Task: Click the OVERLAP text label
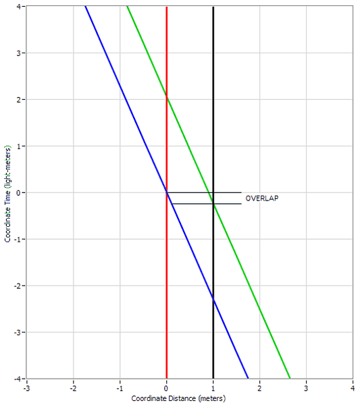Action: pyautogui.click(x=262, y=198)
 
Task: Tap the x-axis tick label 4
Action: pyautogui.click(x=353, y=388)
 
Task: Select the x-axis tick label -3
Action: pyautogui.click(x=26, y=388)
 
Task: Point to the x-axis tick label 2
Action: pyautogui.click(x=260, y=388)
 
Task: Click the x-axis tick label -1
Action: pyautogui.click(x=120, y=388)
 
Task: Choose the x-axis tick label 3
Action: pyautogui.click(x=306, y=388)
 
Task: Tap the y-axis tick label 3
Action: pyautogui.click(x=19, y=53)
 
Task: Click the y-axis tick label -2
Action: pyautogui.click(x=18, y=286)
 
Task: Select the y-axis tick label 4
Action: pyautogui.click(x=19, y=6)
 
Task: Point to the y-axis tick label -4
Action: pyautogui.click(x=18, y=379)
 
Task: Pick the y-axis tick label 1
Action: pyautogui.click(x=19, y=146)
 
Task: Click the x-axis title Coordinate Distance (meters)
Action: pyautogui.click(x=178, y=398)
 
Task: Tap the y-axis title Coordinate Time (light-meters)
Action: pyautogui.click(x=7, y=194)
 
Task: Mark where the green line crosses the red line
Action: pyautogui.click(x=167, y=98)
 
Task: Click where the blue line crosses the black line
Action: pyautogui.click(x=213, y=298)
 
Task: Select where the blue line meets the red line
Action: pyautogui.click(x=167, y=192)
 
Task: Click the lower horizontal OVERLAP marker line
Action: pyautogui.click(x=206, y=204)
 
